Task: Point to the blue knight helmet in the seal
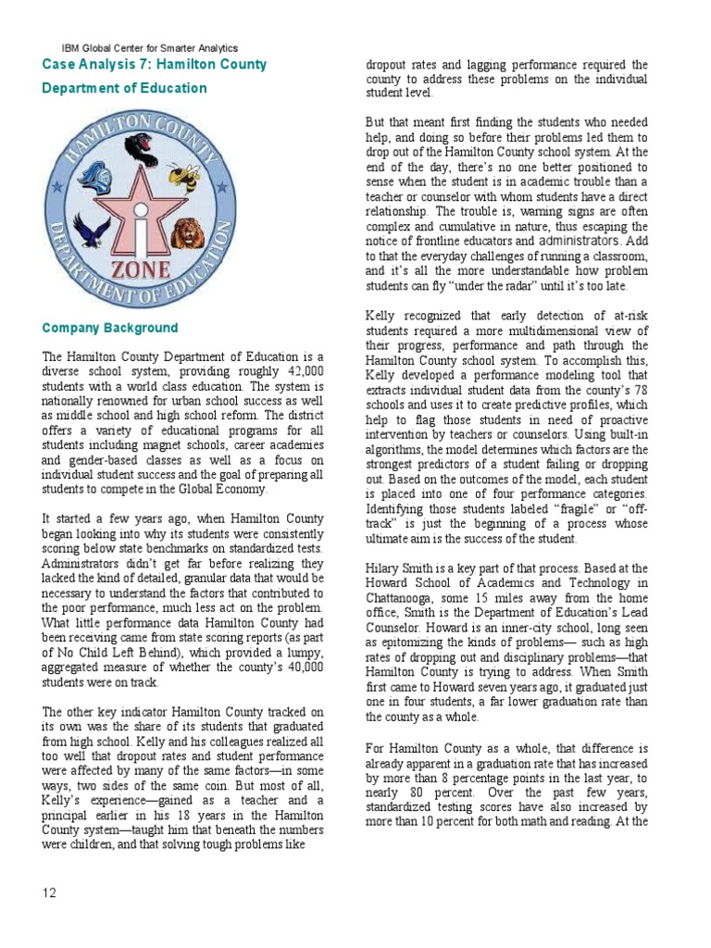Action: click(97, 176)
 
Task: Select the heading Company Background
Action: click(110, 329)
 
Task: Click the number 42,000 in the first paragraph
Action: click(302, 372)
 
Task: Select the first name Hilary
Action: click(384, 568)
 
